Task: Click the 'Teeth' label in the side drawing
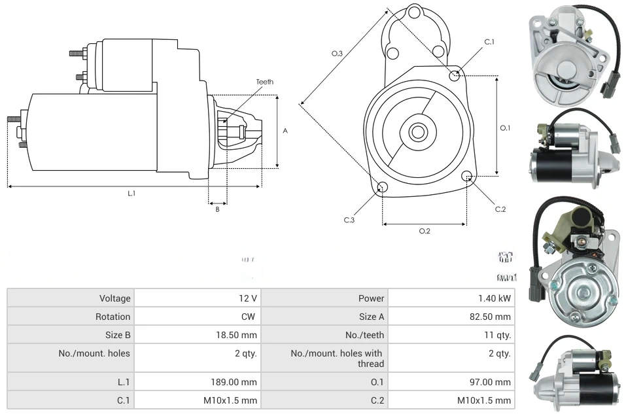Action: pyautogui.click(x=264, y=82)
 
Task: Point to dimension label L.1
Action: pyautogui.click(x=131, y=193)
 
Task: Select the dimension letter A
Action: pyautogui.click(x=285, y=131)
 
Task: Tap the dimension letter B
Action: pyautogui.click(x=218, y=209)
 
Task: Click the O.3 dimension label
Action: pyautogui.click(x=338, y=54)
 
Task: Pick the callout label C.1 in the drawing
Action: pyautogui.click(x=489, y=42)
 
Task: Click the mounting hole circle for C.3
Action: pyautogui.click(x=383, y=188)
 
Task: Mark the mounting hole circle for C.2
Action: pyautogui.click(x=467, y=176)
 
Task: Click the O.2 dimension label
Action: pyautogui.click(x=425, y=231)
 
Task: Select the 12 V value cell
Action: pyautogui.click(x=248, y=298)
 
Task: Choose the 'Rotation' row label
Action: pyautogui.click(x=114, y=317)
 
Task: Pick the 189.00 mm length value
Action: pyautogui.click(x=239, y=382)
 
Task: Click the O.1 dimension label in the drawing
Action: pyautogui.click(x=505, y=128)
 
